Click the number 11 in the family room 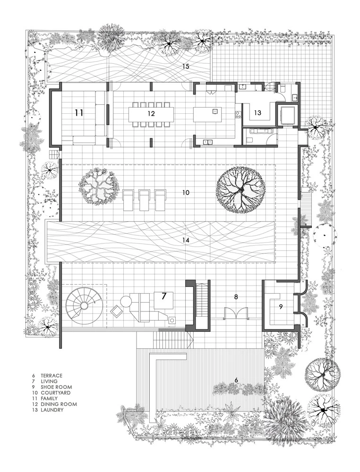pyautogui.click(x=79, y=113)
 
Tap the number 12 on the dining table pyautogui.click(x=151, y=113)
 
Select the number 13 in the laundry pyautogui.click(x=257, y=113)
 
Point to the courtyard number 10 pyautogui.click(x=186, y=193)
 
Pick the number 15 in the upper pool pyautogui.click(x=186, y=66)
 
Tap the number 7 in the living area pyautogui.click(x=163, y=296)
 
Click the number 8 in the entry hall pyautogui.click(x=236, y=297)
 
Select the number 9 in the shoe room pyautogui.click(x=281, y=307)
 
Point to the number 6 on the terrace pyautogui.click(x=236, y=380)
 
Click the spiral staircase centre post pyautogui.click(x=85, y=306)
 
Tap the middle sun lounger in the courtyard pyautogui.click(x=144, y=200)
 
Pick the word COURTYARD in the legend pyautogui.click(x=56, y=393)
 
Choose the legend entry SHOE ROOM pyautogui.click(x=56, y=387)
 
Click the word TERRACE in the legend pyautogui.click(x=51, y=375)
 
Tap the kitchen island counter pyautogui.click(x=208, y=114)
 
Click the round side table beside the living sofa pyautogui.click(x=125, y=301)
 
